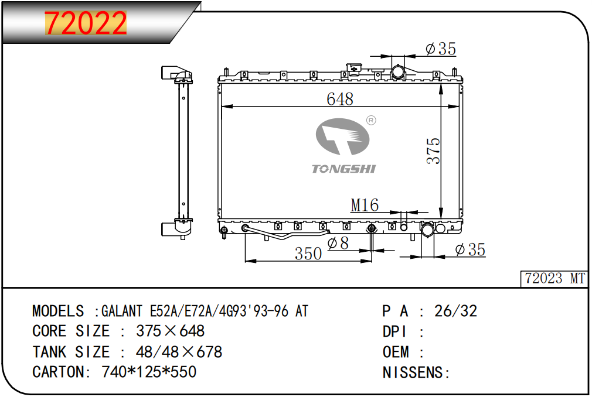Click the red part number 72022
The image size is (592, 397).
click(86, 23)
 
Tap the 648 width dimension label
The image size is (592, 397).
click(340, 99)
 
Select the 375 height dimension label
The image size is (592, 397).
click(433, 151)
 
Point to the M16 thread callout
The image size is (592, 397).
click(365, 205)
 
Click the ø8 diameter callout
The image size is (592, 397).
click(338, 243)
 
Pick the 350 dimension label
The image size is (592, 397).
click(308, 254)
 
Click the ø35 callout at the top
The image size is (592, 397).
click(441, 49)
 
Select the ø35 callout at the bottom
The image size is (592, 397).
click(470, 249)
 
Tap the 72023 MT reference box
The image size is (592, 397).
click(554, 279)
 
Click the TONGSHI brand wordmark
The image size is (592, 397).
click(343, 169)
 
